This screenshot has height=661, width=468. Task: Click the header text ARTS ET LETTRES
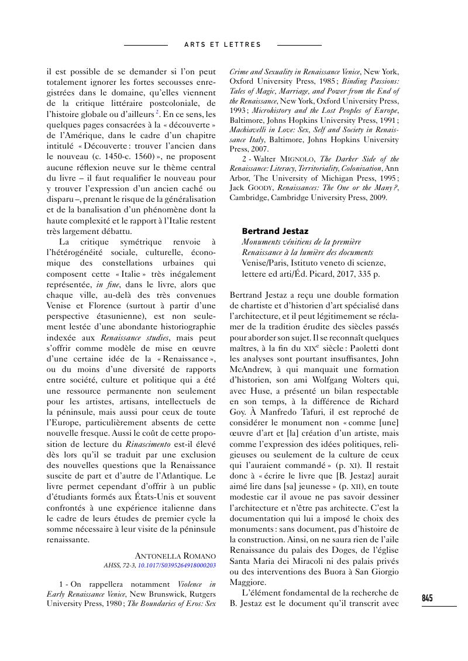pyautogui.click(x=222, y=44)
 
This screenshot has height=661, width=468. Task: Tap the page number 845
pyautogui.click(x=427, y=598)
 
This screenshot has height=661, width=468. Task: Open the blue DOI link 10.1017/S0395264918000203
pyautogui.click(x=177, y=566)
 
